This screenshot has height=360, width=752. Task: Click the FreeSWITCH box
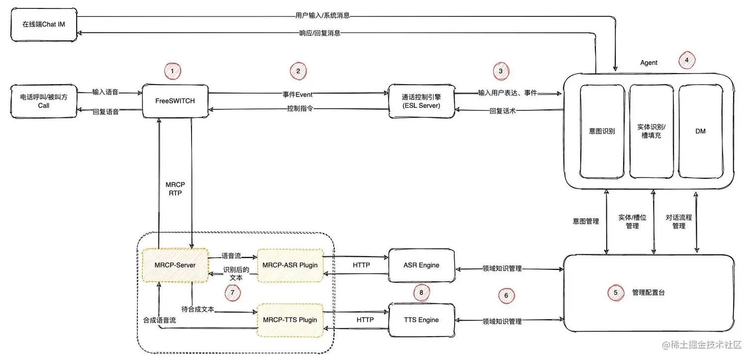click(x=175, y=101)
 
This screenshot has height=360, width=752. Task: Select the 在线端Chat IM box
click(x=43, y=24)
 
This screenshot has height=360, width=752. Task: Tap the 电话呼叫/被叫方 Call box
click(x=43, y=101)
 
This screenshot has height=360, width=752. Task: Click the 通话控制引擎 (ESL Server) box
click(x=421, y=101)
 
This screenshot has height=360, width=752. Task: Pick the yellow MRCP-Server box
click(x=175, y=265)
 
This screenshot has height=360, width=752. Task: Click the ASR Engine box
click(x=421, y=265)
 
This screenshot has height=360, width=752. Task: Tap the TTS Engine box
click(x=421, y=320)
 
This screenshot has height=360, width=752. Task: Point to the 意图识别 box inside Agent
click(x=602, y=131)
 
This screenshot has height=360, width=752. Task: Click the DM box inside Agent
click(x=701, y=131)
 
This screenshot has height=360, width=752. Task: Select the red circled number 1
click(x=173, y=72)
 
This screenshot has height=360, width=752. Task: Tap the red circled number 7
click(x=232, y=292)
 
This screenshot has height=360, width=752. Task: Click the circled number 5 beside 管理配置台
click(x=616, y=293)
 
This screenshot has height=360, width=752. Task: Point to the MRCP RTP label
click(x=175, y=189)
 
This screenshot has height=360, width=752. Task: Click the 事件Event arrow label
click(x=298, y=94)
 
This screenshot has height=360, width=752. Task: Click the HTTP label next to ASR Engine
click(x=361, y=265)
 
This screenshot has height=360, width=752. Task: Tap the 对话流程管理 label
click(x=679, y=221)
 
